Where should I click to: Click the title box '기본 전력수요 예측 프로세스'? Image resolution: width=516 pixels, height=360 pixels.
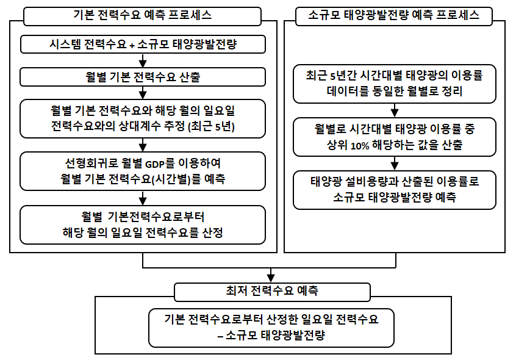tap(142, 16)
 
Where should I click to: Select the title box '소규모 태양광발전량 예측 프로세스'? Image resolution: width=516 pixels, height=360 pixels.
tap(393, 16)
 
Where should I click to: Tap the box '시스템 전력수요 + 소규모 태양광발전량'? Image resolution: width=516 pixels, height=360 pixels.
tap(143, 44)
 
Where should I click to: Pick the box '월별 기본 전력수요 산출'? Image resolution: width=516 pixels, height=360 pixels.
tap(143, 77)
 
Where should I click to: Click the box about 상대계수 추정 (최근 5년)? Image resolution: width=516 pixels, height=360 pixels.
tap(143, 118)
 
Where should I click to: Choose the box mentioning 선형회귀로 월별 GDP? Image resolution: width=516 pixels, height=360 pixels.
tap(143, 171)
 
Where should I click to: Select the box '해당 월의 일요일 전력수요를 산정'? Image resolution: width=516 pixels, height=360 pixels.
tap(143, 225)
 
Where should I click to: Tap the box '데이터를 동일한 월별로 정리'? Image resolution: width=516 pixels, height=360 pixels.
tap(395, 84)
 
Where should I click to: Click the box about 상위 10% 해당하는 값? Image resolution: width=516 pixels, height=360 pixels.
tap(395, 137)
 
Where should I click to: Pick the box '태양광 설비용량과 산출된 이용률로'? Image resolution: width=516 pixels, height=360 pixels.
tap(395, 190)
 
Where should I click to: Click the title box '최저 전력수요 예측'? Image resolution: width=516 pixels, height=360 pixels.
tap(272, 292)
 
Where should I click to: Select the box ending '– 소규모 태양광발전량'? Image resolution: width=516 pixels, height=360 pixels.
tap(271, 328)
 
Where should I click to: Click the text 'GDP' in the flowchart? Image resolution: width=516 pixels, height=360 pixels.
tap(155, 164)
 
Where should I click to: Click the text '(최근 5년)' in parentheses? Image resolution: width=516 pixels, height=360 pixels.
tap(211, 126)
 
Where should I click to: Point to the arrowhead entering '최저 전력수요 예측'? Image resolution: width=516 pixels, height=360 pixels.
tap(271, 279)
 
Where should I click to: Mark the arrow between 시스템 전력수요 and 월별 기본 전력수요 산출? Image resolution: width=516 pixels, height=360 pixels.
tap(143, 60)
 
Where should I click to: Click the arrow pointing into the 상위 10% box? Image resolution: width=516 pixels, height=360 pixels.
tap(395, 110)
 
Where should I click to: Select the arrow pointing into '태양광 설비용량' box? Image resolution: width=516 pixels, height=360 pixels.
tap(395, 164)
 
